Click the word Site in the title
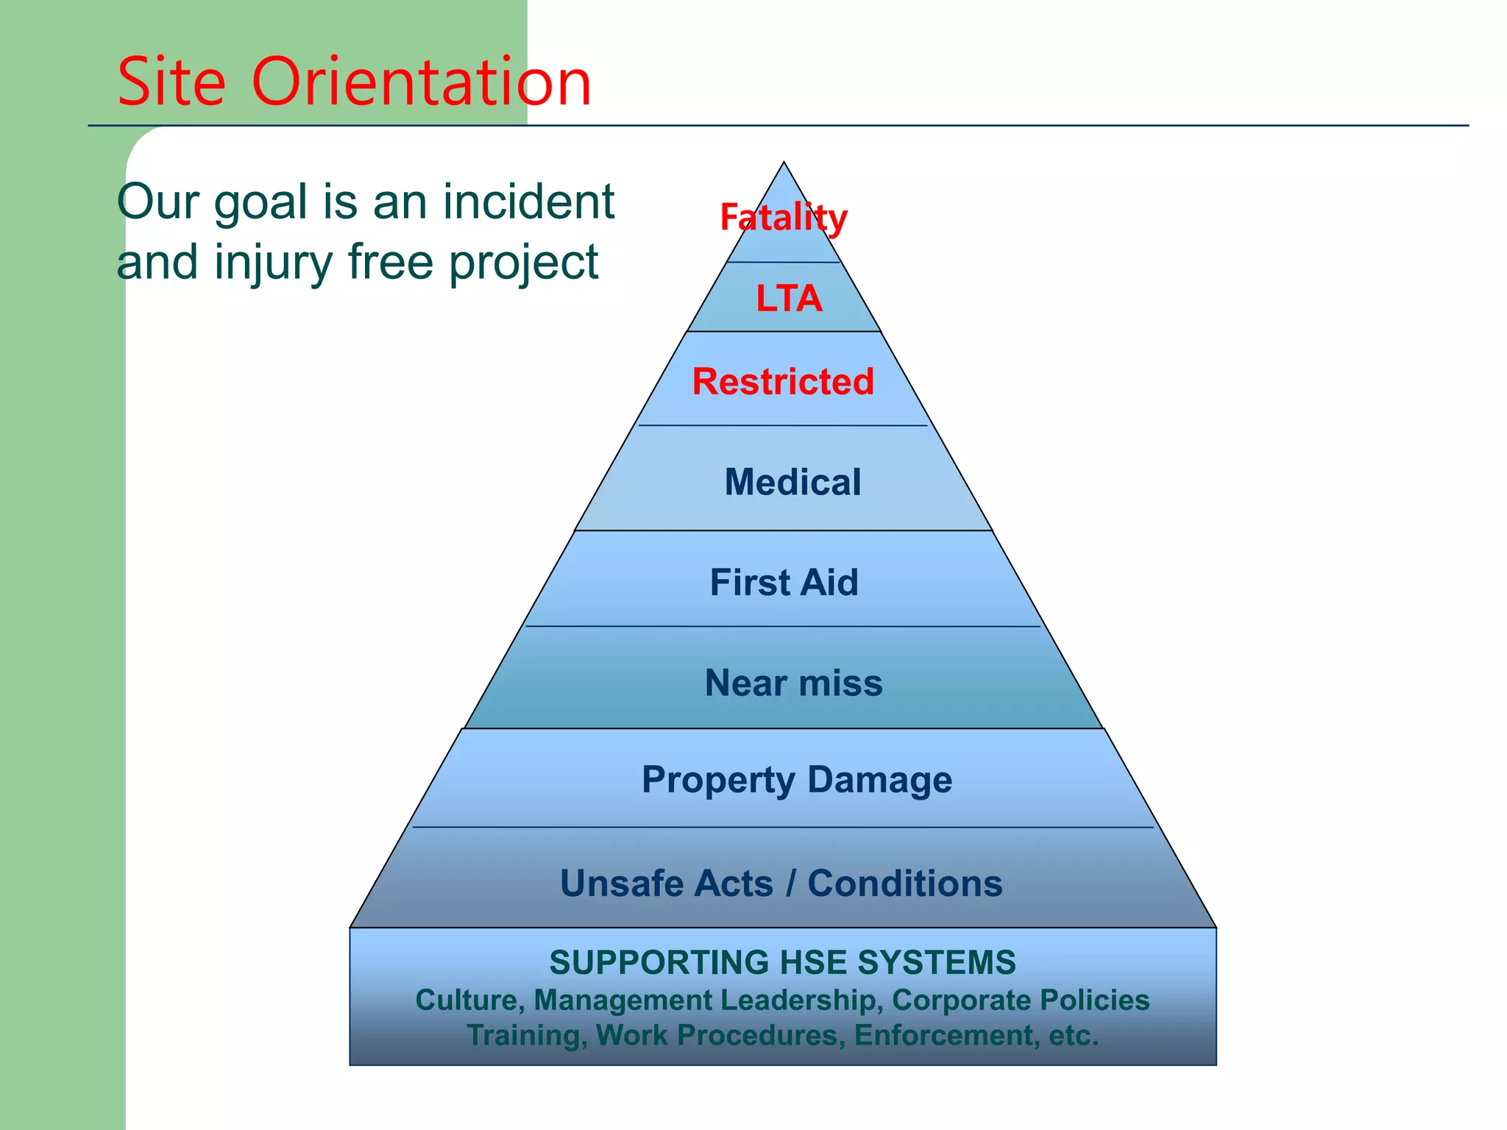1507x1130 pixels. tap(171, 82)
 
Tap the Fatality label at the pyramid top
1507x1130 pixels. tap(784, 218)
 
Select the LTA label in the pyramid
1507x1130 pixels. tap(789, 299)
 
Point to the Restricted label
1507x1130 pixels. tap(783, 382)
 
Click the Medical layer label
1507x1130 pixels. tap(792, 483)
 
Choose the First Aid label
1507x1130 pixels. tap(784, 583)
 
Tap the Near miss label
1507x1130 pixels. tap(793, 683)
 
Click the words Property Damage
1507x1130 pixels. tap(797, 780)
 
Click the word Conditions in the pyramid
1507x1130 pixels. tap(905, 884)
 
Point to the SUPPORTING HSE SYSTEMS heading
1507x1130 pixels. tap(782, 962)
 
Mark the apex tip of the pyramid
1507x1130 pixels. tap(784, 163)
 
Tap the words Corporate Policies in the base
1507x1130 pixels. tap(1021, 1001)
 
